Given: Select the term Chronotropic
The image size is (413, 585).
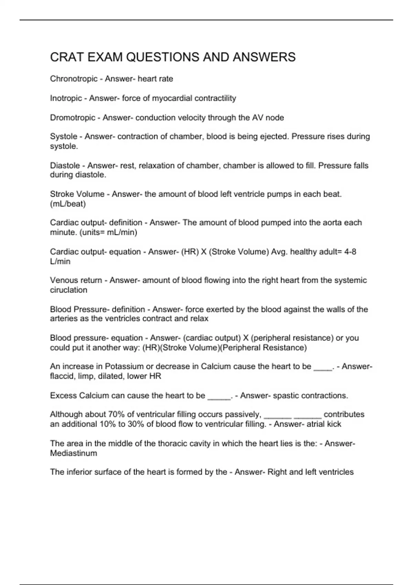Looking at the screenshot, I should pos(74,79).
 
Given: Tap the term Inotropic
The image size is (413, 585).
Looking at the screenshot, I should pos(66,98).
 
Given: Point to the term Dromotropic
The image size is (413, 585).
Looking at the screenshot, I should pos(72,118).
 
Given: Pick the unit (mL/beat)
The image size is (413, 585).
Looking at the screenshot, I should pos(68,204).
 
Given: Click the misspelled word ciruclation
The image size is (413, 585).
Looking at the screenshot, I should pos(68,290).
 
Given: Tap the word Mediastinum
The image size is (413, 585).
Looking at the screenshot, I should pos(73,453).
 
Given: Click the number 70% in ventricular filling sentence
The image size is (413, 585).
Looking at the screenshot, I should pos(116,414).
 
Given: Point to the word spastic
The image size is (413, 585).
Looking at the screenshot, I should pos(285,396).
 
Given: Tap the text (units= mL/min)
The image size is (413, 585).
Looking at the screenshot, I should pos(108,232).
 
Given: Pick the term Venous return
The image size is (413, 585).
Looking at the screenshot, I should pos(76,280).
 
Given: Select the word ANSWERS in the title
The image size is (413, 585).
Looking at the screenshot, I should pos(264,57).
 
